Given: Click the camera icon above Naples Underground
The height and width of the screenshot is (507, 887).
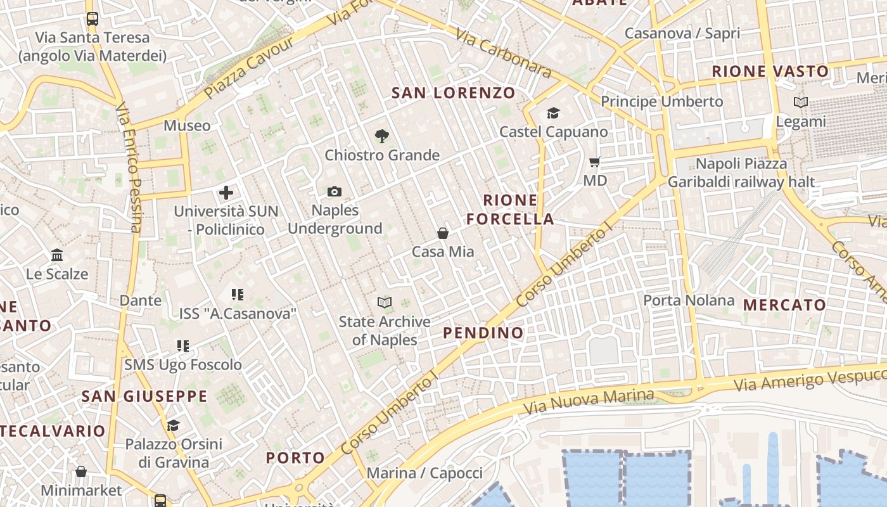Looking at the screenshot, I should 335,191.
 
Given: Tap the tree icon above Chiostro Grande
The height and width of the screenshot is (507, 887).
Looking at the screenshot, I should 381,136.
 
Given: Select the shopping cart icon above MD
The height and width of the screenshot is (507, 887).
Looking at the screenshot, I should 595,162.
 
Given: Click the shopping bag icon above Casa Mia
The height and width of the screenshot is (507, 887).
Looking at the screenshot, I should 443,233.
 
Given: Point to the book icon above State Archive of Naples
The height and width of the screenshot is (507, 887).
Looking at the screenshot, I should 385,302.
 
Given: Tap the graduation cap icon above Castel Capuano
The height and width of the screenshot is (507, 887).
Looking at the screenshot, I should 554,113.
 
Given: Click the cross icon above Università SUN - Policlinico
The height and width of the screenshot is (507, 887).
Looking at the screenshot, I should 226,192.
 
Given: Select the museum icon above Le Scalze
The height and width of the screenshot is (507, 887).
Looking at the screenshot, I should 57,255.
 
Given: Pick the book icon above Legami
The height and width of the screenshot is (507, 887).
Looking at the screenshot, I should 801,102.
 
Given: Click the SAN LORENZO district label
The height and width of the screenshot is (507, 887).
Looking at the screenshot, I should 454,93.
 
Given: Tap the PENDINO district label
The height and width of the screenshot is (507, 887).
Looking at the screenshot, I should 483,333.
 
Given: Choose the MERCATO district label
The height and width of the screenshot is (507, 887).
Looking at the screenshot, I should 785,305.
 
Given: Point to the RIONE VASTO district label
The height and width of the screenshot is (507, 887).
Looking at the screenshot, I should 770,72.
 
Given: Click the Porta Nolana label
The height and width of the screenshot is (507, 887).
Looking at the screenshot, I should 689,300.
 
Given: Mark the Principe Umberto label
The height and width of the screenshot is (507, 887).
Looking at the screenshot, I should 661,101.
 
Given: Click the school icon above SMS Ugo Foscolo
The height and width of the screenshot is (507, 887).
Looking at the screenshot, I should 183,346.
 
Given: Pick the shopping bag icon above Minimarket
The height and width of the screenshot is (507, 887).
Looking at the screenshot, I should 81,472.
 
